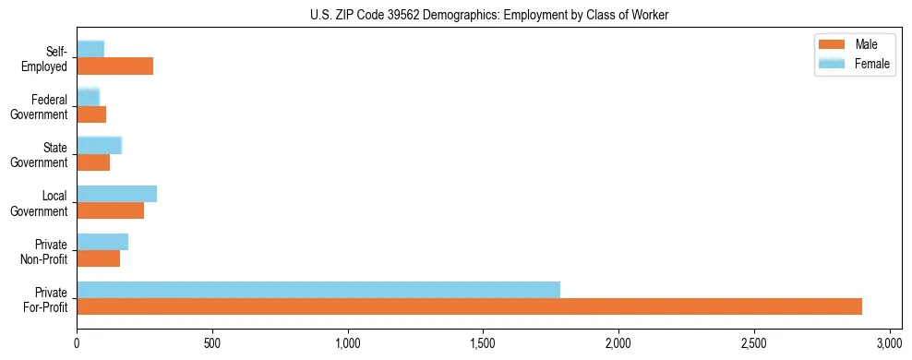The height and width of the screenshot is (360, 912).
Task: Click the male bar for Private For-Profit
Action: (469, 306)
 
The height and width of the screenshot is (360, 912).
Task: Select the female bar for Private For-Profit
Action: (318, 289)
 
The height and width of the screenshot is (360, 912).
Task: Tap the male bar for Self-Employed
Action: (114, 66)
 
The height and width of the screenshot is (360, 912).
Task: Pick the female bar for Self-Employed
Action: (90, 49)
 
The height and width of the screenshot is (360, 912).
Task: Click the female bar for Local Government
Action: (116, 193)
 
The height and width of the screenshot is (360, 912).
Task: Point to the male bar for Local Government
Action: (110, 210)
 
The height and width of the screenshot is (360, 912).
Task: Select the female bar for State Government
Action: (99, 145)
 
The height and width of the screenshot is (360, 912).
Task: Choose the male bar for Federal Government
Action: (91, 114)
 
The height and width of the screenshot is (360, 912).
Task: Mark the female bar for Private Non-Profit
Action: (102, 241)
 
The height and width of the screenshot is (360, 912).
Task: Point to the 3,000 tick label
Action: (890, 343)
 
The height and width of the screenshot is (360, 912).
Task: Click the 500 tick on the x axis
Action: (212, 343)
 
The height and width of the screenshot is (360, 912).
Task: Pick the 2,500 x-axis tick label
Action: (754, 343)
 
